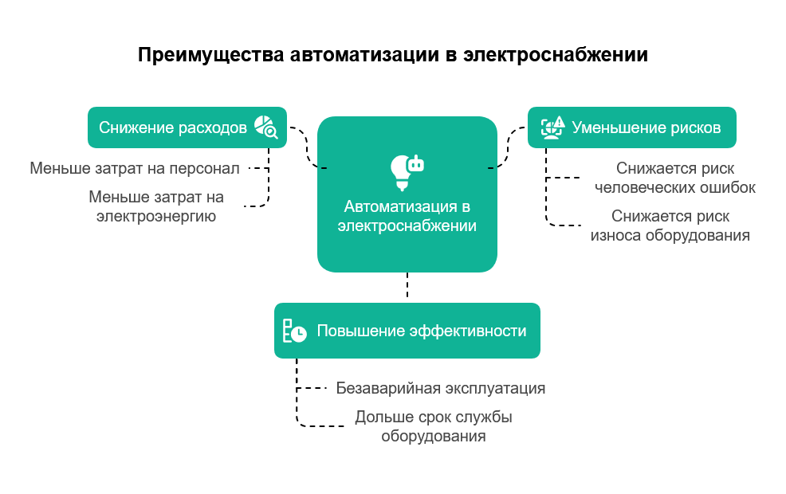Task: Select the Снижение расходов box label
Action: coord(172,128)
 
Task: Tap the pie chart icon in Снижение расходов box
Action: coord(265,127)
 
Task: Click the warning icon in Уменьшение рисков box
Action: coord(553,127)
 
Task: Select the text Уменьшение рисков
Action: coord(646,127)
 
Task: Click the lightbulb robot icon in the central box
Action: coord(407,171)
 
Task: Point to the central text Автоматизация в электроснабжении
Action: coord(407,216)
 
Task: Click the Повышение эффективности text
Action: coord(422,331)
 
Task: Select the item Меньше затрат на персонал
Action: coord(135,168)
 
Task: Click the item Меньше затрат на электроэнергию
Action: coord(156,206)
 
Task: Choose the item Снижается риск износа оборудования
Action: coord(670,225)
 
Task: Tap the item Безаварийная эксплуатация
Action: coord(440,389)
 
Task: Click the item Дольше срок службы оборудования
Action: coord(433,426)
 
